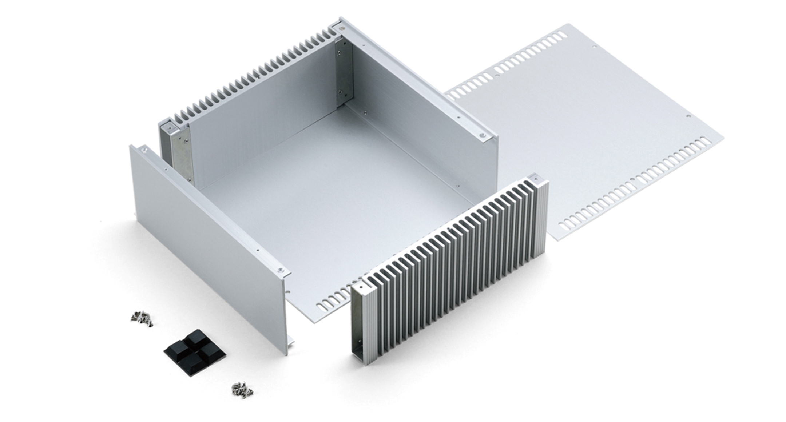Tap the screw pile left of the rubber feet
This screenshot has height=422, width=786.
tap(142, 318)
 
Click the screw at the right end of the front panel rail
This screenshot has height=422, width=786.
tap(280, 270)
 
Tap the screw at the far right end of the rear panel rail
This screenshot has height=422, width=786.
tap(483, 135)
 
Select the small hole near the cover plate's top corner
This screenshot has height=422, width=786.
tap(595, 47)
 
